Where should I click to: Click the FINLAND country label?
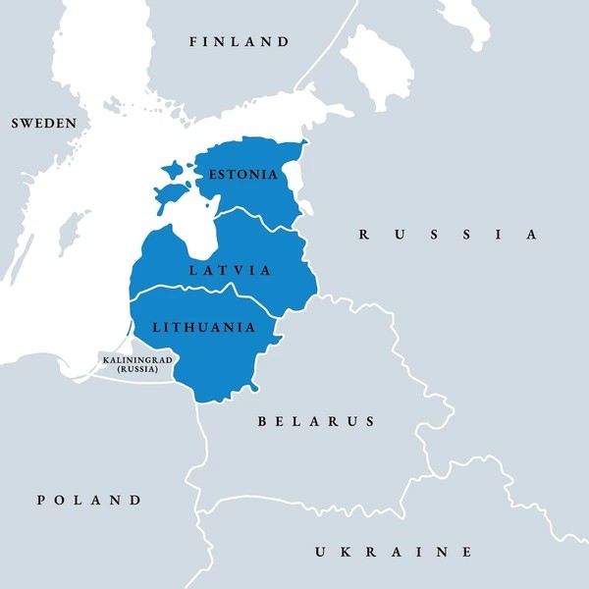click(x=241, y=42)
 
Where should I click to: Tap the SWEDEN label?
click(x=43, y=124)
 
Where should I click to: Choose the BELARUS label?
click(x=316, y=421)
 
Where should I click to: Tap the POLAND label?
click(x=89, y=500)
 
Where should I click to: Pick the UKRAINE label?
click(x=393, y=552)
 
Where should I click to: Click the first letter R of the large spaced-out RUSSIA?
click(x=363, y=235)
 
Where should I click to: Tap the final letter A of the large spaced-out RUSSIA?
click(x=531, y=235)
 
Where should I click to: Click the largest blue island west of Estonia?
click(x=171, y=193)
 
